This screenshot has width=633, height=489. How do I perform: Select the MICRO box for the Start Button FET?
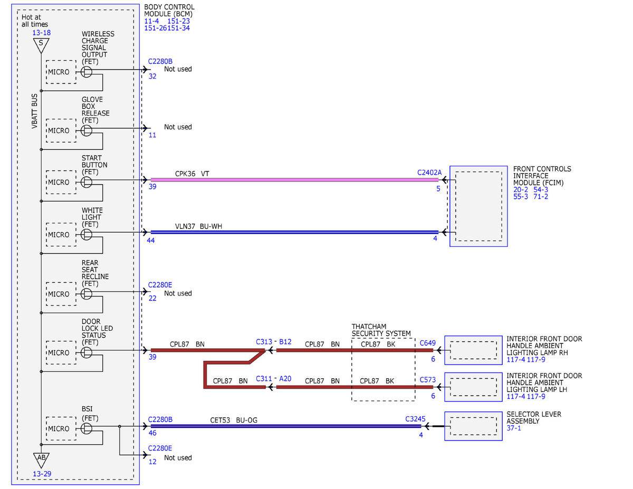[x=61, y=183]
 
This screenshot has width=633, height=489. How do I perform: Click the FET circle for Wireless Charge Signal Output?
[x=86, y=72]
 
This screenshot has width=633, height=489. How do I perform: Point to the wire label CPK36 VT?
[x=192, y=174]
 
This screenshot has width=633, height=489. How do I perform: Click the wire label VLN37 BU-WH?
[x=198, y=226]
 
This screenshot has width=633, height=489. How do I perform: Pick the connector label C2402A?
[x=429, y=172]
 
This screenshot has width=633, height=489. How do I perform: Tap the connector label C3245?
[x=415, y=419]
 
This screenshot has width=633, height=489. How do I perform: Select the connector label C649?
[x=427, y=343]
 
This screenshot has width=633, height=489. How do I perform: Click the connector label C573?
[x=427, y=379]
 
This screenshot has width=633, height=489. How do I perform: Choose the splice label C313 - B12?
[x=274, y=342]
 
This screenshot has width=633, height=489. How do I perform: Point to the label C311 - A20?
[x=274, y=378]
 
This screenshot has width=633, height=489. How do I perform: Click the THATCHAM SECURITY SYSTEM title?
[x=381, y=330]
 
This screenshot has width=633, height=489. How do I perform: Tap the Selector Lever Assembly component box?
[x=473, y=426]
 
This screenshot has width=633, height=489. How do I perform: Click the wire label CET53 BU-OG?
[x=234, y=420]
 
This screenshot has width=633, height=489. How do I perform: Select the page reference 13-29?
[x=42, y=474]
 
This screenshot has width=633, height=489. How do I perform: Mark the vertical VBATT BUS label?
[x=34, y=111]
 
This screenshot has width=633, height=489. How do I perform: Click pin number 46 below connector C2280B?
[x=152, y=433]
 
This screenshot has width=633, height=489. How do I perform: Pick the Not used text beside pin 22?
[x=178, y=293]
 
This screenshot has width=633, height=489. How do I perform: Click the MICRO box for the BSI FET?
[x=61, y=428]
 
